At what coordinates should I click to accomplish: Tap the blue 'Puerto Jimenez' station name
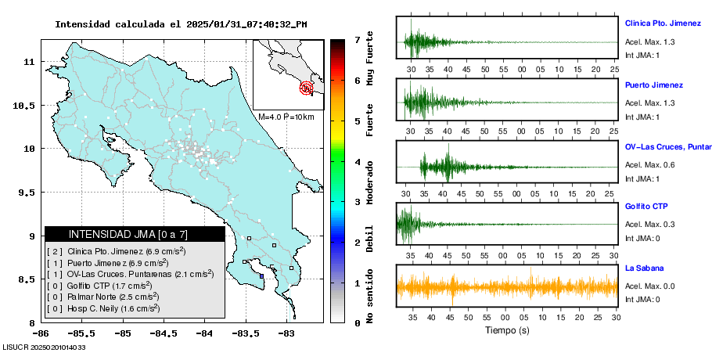(654, 85)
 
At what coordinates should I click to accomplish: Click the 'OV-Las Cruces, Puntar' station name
(667, 147)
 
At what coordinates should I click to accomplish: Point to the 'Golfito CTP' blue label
(646, 207)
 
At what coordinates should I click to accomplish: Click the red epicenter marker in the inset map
(307, 88)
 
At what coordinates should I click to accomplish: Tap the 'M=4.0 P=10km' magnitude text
(286, 117)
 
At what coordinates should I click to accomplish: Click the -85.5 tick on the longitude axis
(77, 333)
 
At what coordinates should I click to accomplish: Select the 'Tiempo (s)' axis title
(506, 330)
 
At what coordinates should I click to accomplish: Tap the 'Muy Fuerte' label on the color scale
(369, 58)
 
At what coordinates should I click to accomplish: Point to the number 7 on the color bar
(357, 39)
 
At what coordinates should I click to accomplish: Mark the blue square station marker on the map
(261, 275)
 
